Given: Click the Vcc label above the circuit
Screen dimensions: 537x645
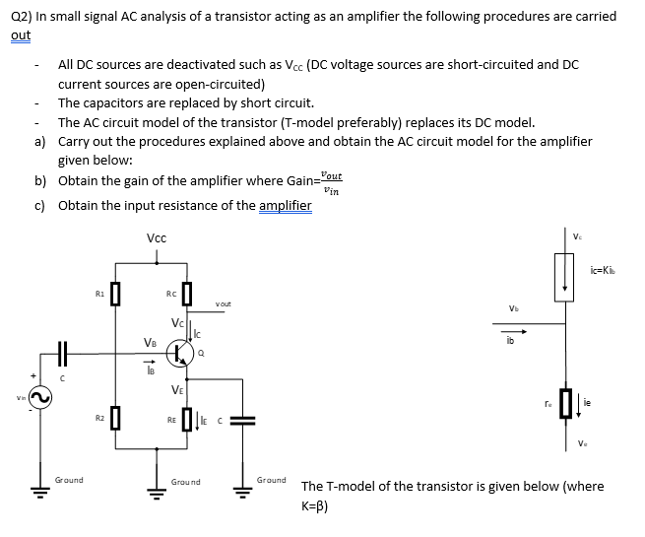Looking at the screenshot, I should (x=156, y=238).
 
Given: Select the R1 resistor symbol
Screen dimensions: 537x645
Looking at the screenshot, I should (x=115, y=294).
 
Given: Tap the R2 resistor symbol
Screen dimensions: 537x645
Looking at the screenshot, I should (x=115, y=422).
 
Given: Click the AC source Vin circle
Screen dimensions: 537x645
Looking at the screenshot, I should (x=40, y=396).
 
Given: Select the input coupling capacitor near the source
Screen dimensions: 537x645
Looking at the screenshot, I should (x=62, y=352).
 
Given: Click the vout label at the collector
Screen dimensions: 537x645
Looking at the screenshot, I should (x=223, y=304).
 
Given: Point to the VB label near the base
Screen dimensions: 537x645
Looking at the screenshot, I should (x=150, y=343).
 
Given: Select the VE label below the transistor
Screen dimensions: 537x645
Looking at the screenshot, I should (x=176, y=389).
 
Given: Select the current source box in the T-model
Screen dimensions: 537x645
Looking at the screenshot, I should (x=565, y=275).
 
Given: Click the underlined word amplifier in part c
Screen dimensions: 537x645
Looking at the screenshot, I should (x=285, y=205).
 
